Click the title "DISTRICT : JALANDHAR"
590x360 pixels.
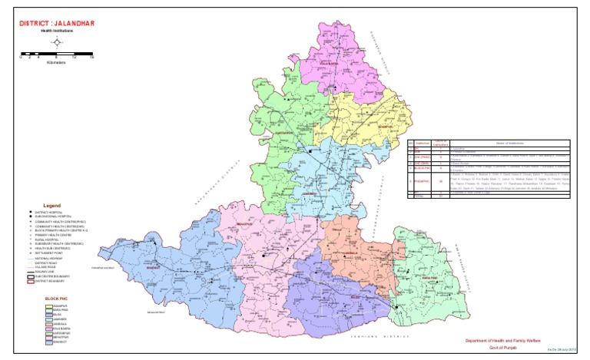pos(51,22)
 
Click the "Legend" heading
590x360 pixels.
pos(51,206)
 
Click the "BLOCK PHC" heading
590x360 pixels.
pos(57,297)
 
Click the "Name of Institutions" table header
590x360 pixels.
pos(499,144)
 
